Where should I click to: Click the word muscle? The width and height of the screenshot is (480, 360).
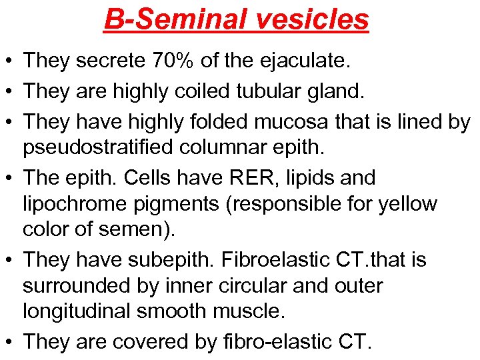pyautogui.click(x=247, y=310)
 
